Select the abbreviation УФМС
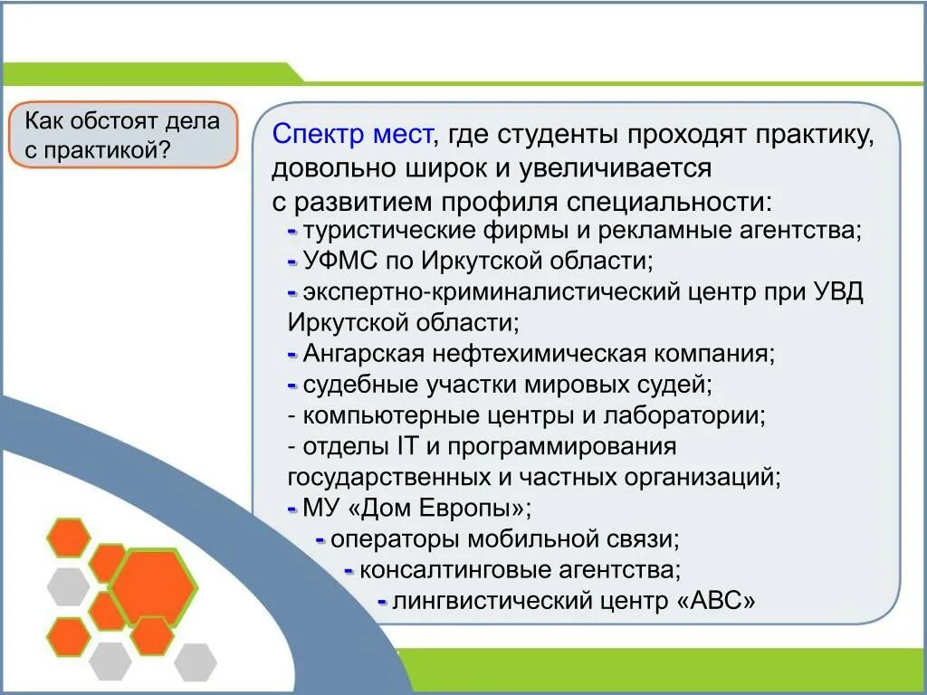pyautogui.click(x=340, y=261)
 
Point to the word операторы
pyautogui.click(x=395, y=539)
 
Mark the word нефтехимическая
pyautogui.click(x=540, y=354)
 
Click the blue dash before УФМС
pyautogui.click(x=292, y=262)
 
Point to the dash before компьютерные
pyautogui.click(x=292, y=416)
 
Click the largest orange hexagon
pyautogui.click(x=154, y=587)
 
